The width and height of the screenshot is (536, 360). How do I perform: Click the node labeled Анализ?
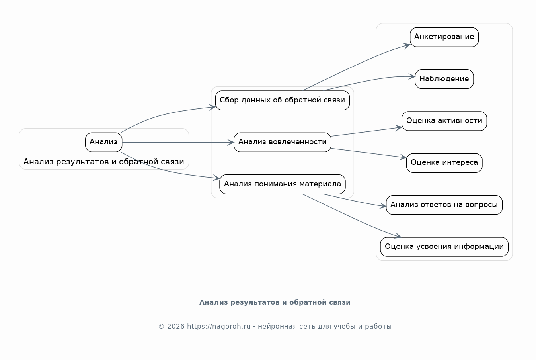(x=103, y=142)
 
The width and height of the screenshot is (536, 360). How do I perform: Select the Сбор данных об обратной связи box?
(x=283, y=100)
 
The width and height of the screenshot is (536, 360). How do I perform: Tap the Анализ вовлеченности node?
(x=283, y=142)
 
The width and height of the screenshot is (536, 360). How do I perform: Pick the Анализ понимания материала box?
(x=283, y=184)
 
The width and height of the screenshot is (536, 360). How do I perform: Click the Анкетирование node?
(x=444, y=37)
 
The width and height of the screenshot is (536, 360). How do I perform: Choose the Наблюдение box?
(x=444, y=79)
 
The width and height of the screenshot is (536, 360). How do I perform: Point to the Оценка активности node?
(x=444, y=121)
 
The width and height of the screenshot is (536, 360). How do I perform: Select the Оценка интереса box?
(x=444, y=163)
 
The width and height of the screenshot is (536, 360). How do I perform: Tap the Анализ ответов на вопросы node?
(x=444, y=205)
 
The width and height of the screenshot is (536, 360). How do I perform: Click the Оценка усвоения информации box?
(x=444, y=247)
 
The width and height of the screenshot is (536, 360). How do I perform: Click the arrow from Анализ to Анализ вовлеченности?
(x=178, y=143)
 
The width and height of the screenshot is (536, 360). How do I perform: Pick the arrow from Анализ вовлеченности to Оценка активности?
(x=366, y=132)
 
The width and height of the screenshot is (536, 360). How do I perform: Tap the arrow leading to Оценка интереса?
(x=368, y=153)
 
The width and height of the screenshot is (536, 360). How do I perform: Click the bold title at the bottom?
(x=275, y=303)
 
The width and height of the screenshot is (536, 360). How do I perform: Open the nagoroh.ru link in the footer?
(x=218, y=327)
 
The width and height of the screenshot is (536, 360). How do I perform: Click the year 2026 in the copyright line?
(x=175, y=327)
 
